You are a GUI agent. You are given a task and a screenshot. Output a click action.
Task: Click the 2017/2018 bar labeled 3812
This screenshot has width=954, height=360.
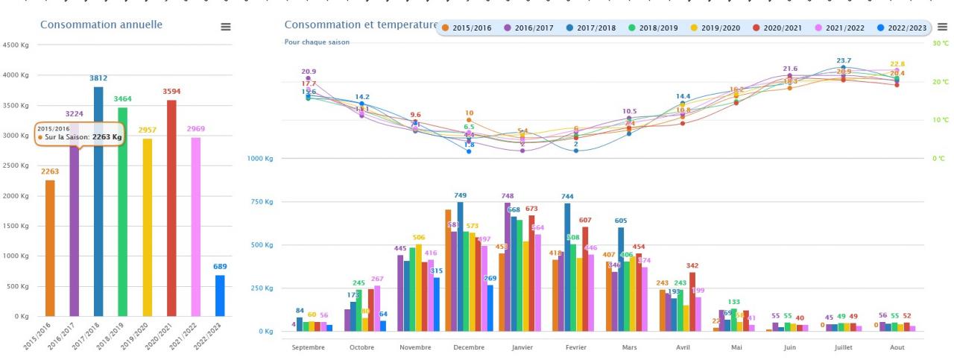(98, 201)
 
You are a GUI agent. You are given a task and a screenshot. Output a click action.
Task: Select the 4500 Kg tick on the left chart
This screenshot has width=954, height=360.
(16, 45)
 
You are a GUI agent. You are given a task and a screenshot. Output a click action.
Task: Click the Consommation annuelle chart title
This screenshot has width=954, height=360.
(101, 25)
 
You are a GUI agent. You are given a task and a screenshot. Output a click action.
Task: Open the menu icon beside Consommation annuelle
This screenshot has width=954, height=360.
(225, 27)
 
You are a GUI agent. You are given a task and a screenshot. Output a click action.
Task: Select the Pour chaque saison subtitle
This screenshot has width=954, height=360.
(317, 42)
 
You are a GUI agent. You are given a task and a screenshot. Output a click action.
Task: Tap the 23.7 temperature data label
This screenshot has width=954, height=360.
(844, 60)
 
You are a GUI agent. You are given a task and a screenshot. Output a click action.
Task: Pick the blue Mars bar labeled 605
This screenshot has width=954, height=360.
(621, 280)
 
